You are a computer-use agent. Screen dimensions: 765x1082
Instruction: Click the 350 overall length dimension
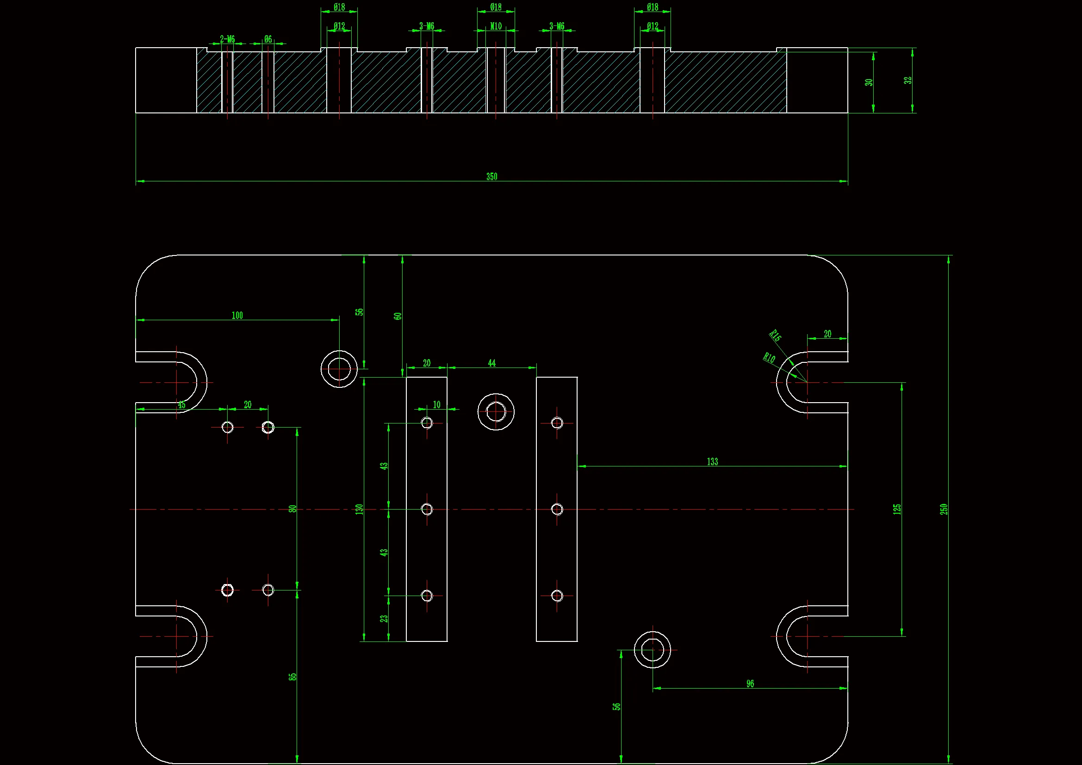(x=491, y=176)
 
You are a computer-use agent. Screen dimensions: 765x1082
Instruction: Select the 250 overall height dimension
(x=944, y=509)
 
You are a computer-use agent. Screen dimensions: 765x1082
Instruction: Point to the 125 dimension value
(x=897, y=509)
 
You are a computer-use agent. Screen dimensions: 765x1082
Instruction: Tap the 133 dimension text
(x=712, y=462)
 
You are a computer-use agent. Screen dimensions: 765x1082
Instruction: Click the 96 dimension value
(x=750, y=684)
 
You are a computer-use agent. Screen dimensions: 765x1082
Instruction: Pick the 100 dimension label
(x=237, y=315)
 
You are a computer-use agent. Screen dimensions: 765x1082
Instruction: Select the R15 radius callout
(x=775, y=336)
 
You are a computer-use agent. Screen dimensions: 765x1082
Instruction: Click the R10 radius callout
(x=769, y=358)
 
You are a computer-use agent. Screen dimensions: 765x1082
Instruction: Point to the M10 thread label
(x=496, y=26)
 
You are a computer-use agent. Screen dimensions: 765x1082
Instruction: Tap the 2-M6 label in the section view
(x=227, y=39)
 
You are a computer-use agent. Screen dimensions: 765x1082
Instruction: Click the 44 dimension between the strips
(x=491, y=363)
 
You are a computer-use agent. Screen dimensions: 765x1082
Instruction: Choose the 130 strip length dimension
(x=359, y=509)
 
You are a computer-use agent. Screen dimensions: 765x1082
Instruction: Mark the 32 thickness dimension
(x=908, y=81)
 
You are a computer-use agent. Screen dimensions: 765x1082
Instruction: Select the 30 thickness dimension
(x=869, y=82)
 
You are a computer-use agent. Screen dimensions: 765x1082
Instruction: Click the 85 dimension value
(x=292, y=677)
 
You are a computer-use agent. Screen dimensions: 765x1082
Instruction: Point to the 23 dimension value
(x=384, y=618)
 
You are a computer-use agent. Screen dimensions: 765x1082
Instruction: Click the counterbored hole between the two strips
(x=496, y=412)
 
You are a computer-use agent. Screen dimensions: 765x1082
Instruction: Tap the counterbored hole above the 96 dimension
(x=652, y=650)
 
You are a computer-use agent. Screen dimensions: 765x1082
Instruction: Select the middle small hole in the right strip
(x=557, y=509)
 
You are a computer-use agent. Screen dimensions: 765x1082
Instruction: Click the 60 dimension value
(x=398, y=316)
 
